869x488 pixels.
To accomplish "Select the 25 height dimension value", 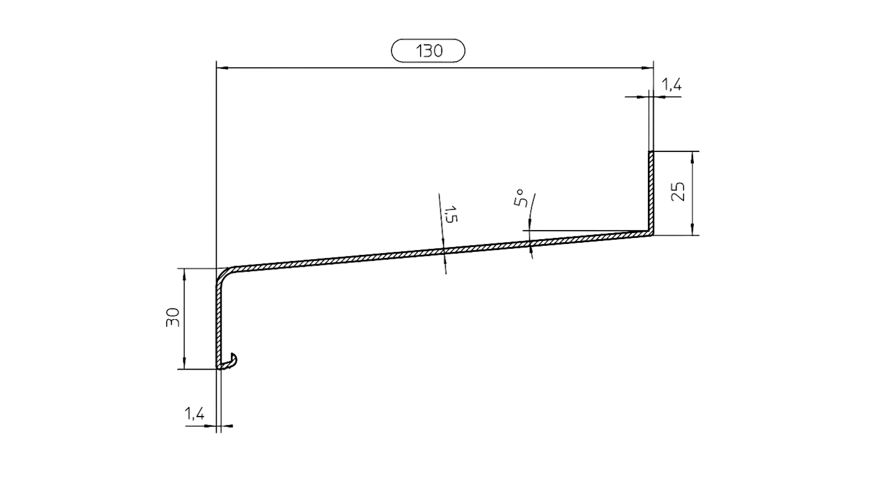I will point(680,192).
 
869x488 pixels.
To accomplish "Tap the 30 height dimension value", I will point(172,318).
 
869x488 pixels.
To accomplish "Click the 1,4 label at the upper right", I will point(671,85).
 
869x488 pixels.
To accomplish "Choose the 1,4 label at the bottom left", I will point(194,415).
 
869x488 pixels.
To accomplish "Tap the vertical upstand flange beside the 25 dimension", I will point(652,192).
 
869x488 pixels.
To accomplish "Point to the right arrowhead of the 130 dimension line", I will point(649,68).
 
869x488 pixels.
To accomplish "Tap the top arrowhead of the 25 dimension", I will point(693,156).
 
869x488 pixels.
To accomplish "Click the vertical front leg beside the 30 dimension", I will point(219,323).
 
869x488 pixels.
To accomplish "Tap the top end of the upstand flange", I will point(652,152).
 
